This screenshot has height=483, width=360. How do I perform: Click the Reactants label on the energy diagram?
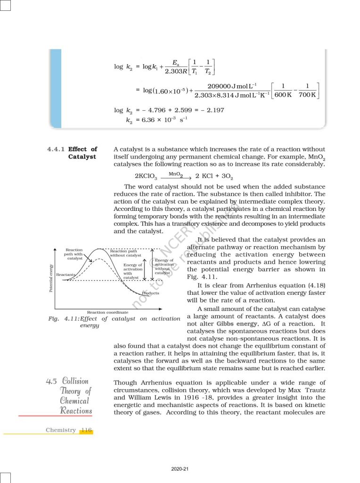(x=65, y=274)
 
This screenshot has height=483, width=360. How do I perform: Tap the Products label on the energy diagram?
(x=150, y=293)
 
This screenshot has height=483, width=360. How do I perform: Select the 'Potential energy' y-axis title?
(x=51, y=277)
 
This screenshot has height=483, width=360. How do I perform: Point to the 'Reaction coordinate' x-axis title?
(x=107, y=312)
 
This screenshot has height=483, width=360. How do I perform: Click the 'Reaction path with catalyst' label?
(x=74, y=254)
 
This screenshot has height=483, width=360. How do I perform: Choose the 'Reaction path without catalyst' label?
(x=125, y=253)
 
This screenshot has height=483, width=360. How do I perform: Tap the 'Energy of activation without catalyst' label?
(x=164, y=266)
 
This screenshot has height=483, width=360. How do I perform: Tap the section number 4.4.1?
(x=57, y=149)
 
